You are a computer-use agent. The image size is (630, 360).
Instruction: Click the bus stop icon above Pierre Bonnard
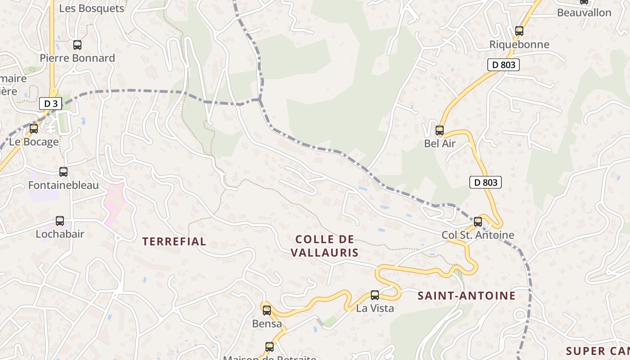coord(77,45)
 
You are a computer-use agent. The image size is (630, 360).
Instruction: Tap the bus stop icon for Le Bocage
coord(34,129)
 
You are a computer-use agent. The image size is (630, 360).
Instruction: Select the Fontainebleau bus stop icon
coord(63,172)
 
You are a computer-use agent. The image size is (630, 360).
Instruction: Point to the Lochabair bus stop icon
coord(60,221)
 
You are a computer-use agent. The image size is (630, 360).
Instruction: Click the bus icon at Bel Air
coord(440,131)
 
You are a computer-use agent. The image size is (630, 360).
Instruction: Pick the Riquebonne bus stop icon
coord(519,31)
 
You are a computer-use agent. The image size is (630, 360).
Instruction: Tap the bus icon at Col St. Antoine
coord(478,222)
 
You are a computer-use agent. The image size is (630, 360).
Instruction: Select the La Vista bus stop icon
coord(375,295)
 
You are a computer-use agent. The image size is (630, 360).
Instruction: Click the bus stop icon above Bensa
coord(267,310)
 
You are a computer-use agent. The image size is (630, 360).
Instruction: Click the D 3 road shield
coord(50,103)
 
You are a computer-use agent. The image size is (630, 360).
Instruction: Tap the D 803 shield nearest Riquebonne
coord(504,65)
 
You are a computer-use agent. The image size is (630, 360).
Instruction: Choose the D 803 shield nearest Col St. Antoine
coord(486,182)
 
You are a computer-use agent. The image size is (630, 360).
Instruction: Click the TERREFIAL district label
coord(174,242)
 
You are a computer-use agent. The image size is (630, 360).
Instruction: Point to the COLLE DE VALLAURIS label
coord(324,246)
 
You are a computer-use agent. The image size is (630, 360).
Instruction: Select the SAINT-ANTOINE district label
coord(466,296)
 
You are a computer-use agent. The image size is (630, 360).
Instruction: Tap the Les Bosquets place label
coord(92,9)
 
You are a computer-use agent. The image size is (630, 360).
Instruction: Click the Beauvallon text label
coord(584,13)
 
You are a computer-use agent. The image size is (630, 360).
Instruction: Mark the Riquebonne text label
coord(519,45)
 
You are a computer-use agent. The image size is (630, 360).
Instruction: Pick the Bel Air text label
coord(440,144)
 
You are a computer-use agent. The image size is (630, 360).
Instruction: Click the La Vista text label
coord(375,308)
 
